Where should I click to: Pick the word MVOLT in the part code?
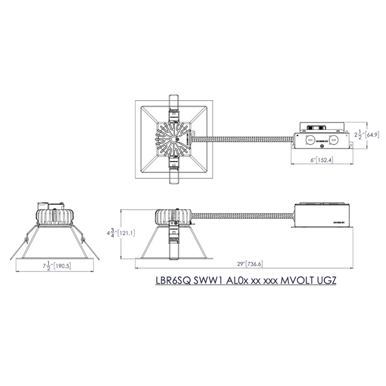[x=298, y=280]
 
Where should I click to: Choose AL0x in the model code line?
[x=238, y=280]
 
